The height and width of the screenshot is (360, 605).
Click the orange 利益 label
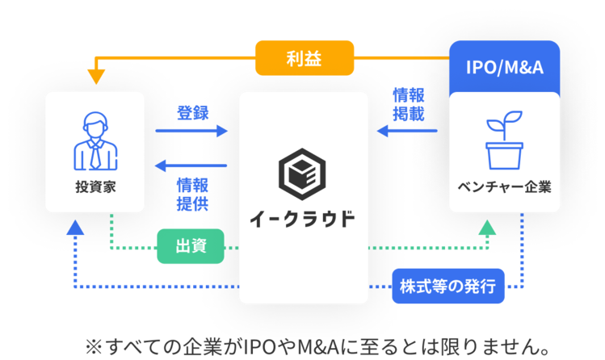(305, 58)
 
